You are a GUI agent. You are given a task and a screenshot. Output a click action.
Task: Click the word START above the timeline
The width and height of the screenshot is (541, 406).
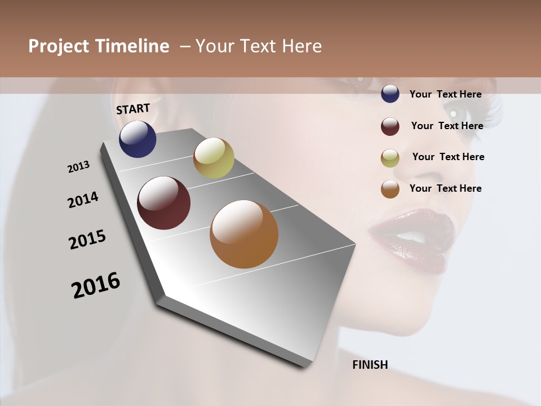tap(133, 109)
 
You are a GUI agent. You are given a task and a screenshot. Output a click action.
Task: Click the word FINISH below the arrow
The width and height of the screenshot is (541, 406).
tap(370, 365)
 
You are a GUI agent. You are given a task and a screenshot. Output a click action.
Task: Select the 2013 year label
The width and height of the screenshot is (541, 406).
tap(79, 167)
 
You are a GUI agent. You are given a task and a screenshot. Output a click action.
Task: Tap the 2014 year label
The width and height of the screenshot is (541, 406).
tap(83, 200)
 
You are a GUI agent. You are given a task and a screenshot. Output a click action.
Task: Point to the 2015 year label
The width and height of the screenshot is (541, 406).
tap(87, 240)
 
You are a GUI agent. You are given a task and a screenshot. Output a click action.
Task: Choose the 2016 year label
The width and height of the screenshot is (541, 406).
tap(96, 285)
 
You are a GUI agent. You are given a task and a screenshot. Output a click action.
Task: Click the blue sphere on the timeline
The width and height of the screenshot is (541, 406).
tap(138, 139)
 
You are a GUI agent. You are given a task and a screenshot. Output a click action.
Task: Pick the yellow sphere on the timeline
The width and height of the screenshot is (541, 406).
tap(214, 158)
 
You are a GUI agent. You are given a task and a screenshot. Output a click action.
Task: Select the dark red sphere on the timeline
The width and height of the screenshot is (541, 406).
tap(164, 203)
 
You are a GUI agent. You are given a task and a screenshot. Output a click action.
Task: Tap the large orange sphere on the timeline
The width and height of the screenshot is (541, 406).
tap(244, 234)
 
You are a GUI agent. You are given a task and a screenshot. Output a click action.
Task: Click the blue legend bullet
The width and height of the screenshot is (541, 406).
tap(390, 94)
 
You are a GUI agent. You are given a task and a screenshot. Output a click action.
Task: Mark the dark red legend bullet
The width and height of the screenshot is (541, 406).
tap(390, 126)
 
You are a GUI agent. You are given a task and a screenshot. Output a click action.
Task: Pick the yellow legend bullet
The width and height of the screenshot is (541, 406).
tap(390, 158)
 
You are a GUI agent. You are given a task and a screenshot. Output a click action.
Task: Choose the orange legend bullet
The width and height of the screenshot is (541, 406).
tap(390, 189)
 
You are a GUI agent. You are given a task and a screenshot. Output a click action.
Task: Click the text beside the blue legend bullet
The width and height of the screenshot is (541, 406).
tap(445, 94)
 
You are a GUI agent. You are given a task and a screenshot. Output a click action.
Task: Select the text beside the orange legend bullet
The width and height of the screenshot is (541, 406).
tap(445, 188)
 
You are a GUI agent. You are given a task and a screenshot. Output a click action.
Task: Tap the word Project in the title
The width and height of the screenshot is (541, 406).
tap(59, 46)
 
